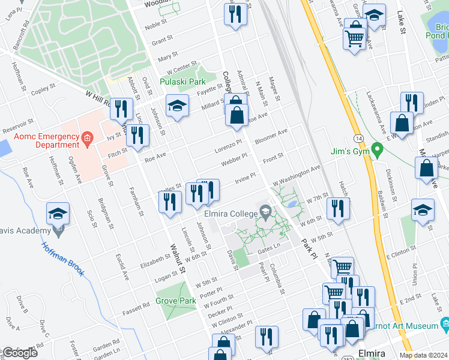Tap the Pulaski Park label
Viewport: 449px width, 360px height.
tap(182, 82)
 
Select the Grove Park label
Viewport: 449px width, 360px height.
tap(176, 301)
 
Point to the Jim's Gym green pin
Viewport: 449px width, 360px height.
tap(377, 148)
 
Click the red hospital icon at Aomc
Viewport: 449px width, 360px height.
tap(88, 140)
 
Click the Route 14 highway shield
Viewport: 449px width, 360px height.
tap(358, 138)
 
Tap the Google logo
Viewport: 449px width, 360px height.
tap(19, 353)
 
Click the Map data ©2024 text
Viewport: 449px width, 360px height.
tap(423, 355)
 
